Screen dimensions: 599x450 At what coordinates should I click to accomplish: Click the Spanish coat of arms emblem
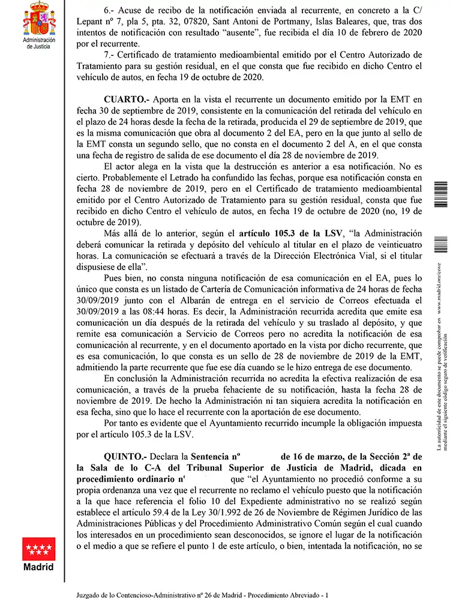tap(38, 18)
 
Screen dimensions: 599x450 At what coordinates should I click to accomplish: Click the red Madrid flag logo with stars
tap(38, 549)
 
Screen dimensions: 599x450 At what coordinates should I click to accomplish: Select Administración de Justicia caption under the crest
tap(38, 43)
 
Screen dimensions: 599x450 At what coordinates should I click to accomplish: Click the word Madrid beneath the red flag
tap(38, 567)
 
